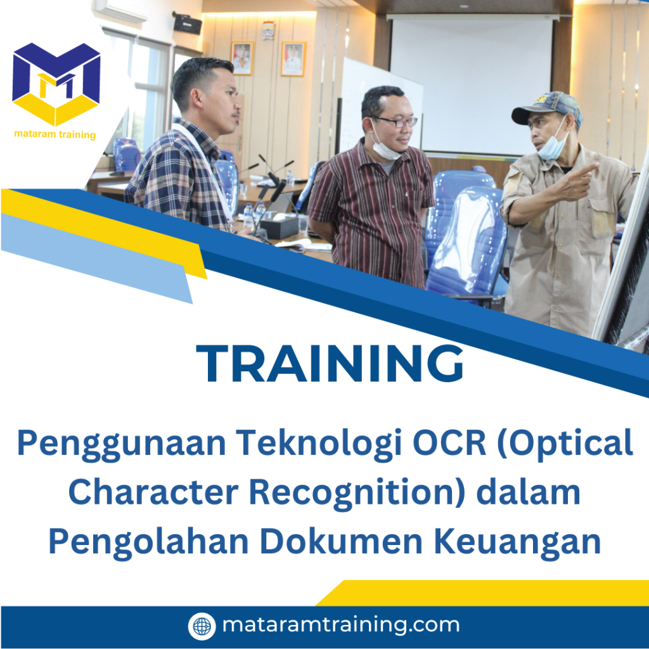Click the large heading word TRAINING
pyautogui.click(x=330, y=364)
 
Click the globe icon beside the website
pyautogui.click(x=202, y=626)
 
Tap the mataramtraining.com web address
pyautogui.click(x=340, y=626)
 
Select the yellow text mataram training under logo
pyautogui.click(x=55, y=134)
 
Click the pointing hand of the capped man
pyautogui.click(x=578, y=181)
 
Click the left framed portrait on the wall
pyautogui.click(x=242, y=58)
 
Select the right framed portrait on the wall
pyautogui.click(x=293, y=58)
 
